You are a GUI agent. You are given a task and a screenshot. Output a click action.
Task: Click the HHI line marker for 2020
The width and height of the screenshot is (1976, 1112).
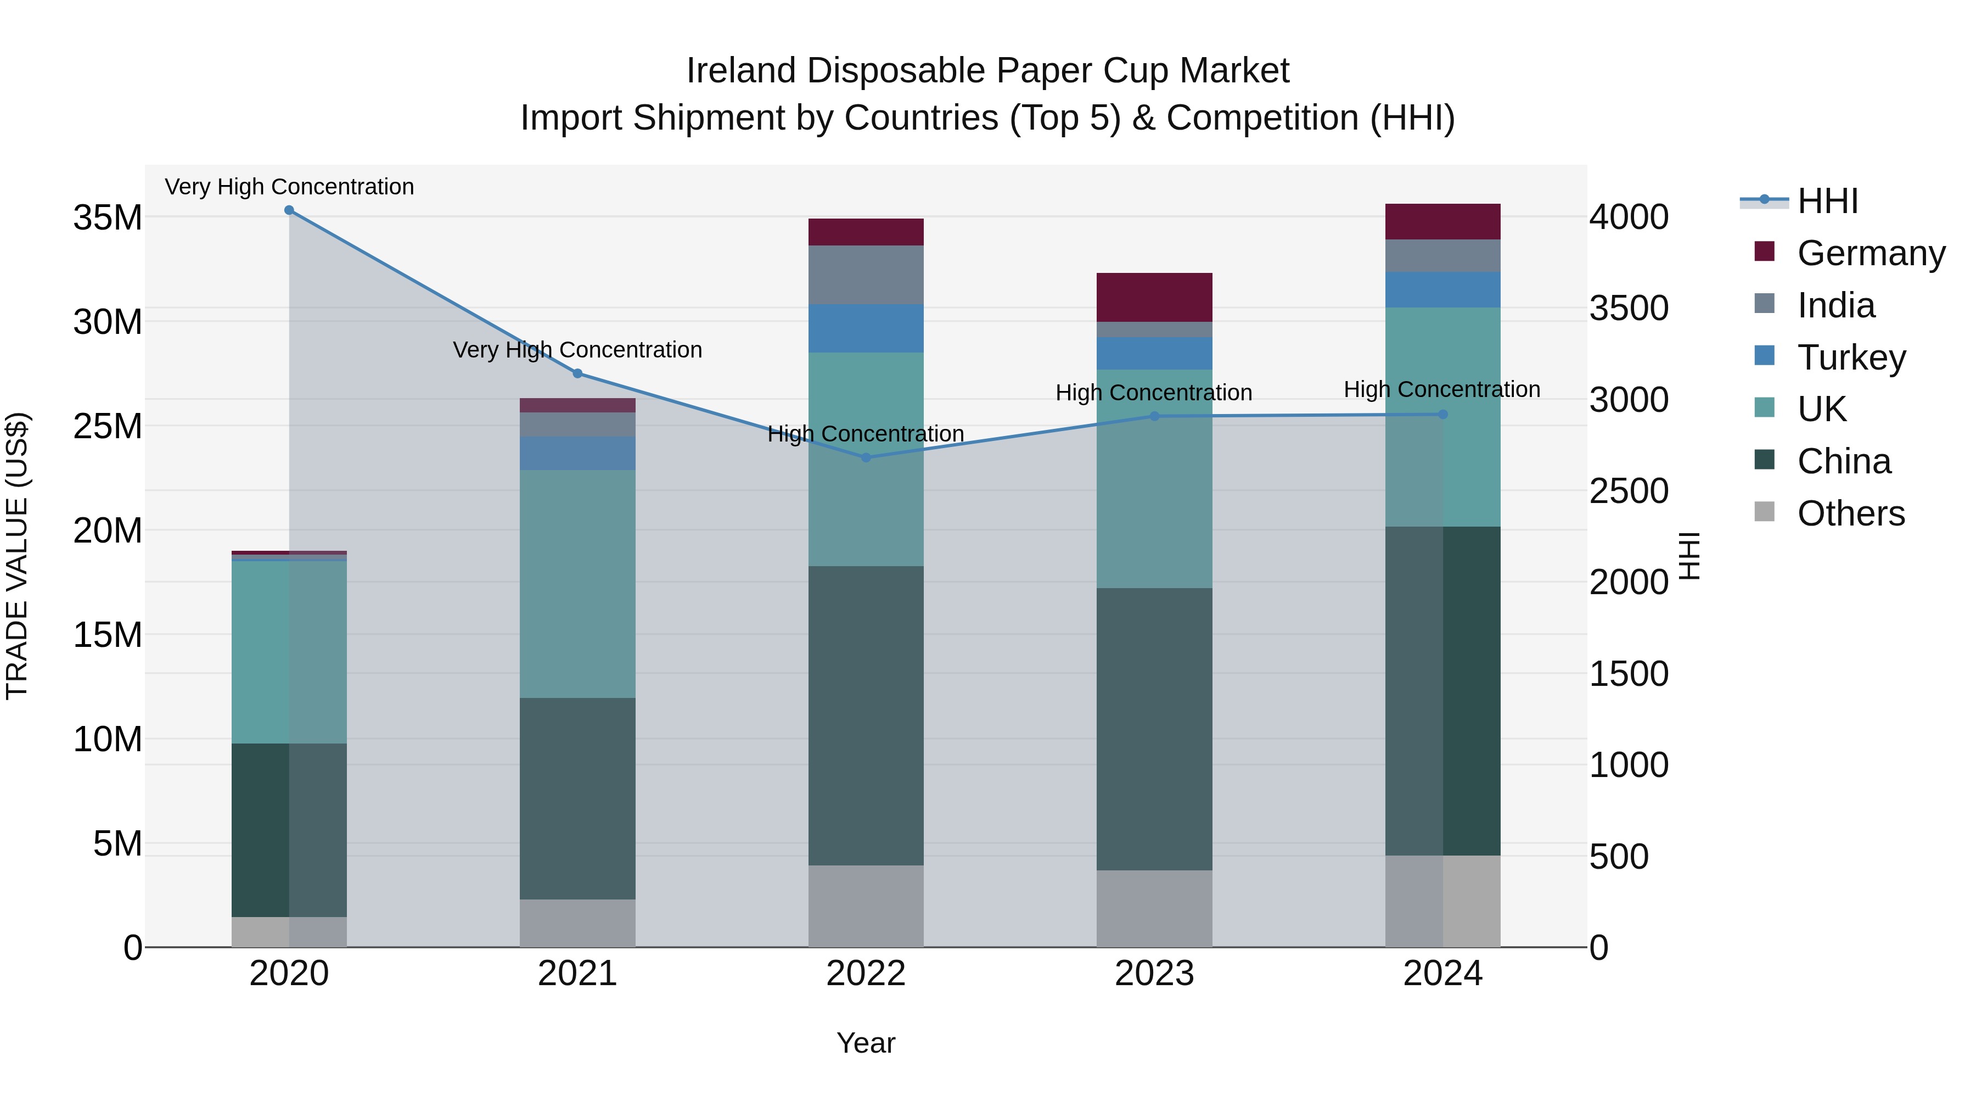point(289,210)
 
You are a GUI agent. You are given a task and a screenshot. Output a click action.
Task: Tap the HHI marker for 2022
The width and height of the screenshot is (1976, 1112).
point(866,457)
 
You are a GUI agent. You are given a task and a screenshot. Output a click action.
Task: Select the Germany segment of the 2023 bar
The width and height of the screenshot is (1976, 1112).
point(1154,297)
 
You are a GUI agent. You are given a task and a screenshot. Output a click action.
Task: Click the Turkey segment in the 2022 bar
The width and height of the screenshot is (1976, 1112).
point(866,328)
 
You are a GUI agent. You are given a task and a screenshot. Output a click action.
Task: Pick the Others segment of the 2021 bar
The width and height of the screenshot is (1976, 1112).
point(577,923)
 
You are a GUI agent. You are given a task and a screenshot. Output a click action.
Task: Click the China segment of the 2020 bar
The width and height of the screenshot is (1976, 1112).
point(289,830)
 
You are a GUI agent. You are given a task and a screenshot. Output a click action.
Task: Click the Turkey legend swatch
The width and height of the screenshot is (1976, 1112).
point(1764,356)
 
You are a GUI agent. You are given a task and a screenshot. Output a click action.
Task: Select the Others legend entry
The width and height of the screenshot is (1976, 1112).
point(1850,513)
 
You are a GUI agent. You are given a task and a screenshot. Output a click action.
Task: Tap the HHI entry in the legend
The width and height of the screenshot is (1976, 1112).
point(1827,201)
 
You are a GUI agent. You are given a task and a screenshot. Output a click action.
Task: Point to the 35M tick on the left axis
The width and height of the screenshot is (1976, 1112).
point(108,218)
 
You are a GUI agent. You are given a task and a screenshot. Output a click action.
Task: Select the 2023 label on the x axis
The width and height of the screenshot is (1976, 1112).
point(1154,974)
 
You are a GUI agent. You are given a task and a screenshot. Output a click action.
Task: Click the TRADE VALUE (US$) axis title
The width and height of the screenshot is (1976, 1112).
point(17,556)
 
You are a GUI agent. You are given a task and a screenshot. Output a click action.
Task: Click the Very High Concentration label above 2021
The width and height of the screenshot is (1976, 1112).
point(577,350)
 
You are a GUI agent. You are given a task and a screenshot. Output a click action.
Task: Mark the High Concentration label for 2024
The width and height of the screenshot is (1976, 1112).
point(1442,390)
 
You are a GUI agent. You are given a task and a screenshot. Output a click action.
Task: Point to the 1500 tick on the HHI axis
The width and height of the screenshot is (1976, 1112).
point(1629,674)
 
